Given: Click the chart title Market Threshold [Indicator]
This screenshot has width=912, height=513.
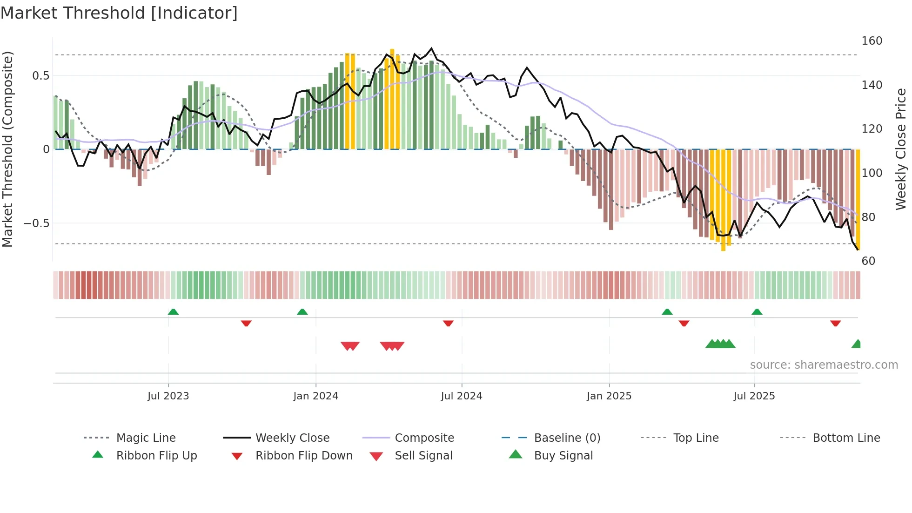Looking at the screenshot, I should [119, 13].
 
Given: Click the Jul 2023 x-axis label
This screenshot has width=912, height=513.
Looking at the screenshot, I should [168, 396].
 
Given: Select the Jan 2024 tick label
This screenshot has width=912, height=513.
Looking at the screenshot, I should [315, 396].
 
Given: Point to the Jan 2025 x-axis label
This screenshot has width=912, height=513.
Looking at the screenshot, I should [609, 396].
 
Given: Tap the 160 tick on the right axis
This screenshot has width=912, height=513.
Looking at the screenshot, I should [872, 41].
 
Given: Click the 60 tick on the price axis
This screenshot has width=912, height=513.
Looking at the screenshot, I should [868, 261].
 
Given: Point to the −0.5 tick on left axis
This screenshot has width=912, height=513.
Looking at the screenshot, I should [36, 223].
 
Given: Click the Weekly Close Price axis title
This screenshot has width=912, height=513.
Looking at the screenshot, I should [901, 149].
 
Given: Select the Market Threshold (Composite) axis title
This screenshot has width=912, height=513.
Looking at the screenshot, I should [7, 149].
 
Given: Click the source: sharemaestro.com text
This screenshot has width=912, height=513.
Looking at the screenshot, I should [824, 365].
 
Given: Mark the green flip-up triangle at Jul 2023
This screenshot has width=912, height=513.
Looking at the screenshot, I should [173, 312].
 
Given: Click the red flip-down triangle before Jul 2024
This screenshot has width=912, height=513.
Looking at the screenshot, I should [448, 323].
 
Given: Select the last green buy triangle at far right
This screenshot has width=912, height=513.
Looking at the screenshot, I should [857, 344].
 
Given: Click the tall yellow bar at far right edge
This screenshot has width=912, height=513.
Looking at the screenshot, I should [858, 200].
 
